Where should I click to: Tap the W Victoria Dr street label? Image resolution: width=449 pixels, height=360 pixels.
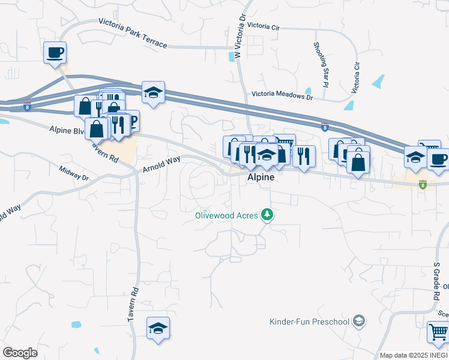point(240,36)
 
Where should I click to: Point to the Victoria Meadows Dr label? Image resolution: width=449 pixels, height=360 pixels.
point(282,94)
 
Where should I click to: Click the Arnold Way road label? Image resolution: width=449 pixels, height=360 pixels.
point(161,164)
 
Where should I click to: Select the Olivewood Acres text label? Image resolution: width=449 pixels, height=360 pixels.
point(226,215)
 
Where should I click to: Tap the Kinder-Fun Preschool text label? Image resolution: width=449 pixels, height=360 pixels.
point(309,322)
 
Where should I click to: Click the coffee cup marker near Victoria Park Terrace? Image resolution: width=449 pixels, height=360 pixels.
point(55,52)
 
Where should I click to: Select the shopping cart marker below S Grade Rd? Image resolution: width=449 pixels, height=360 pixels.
point(438,332)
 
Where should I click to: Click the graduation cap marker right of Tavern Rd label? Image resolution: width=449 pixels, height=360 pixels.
point(158,328)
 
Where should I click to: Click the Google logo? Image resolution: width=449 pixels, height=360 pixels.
point(20,353)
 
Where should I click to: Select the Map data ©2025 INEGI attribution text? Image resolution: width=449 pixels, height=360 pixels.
point(414,355)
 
